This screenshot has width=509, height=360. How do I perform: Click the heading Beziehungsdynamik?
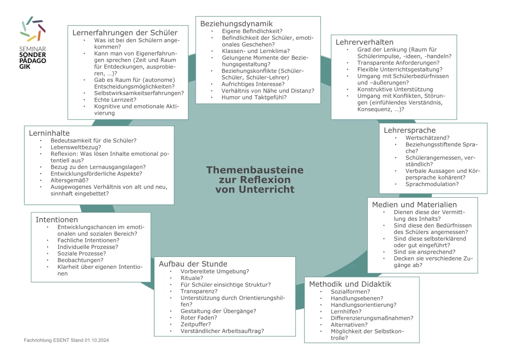click(x=236, y=24)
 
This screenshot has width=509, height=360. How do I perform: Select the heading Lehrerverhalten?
click(x=364, y=42)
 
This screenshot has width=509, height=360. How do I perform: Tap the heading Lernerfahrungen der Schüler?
click(x=125, y=33)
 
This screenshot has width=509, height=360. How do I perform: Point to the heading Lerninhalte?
click(x=49, y=133)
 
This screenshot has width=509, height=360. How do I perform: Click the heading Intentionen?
click(x=57, y=220)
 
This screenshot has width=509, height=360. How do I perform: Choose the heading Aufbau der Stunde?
click(x=193, y=264)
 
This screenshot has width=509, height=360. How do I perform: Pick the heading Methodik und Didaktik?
click(x=350, y=284)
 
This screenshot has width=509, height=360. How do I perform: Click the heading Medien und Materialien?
click(x=414, y=205)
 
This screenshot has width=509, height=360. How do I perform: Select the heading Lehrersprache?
click(x=410, y=130)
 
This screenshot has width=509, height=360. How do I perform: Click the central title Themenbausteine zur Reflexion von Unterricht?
click(x=255, y=180)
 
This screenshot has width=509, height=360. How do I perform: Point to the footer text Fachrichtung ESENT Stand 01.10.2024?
click(x=66, y=340)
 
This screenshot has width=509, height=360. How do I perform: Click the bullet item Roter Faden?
click(x=199, y=317)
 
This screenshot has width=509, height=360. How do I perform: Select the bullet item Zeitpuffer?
click(x=196, y=324)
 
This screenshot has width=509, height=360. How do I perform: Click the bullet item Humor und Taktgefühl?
click(x=254, y=97)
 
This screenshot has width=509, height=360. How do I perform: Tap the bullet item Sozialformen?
click(x=350, y=292)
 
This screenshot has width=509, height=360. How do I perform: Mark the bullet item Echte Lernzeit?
click(x=115, y=100)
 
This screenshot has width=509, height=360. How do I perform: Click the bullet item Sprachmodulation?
click(x=432, y=184)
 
